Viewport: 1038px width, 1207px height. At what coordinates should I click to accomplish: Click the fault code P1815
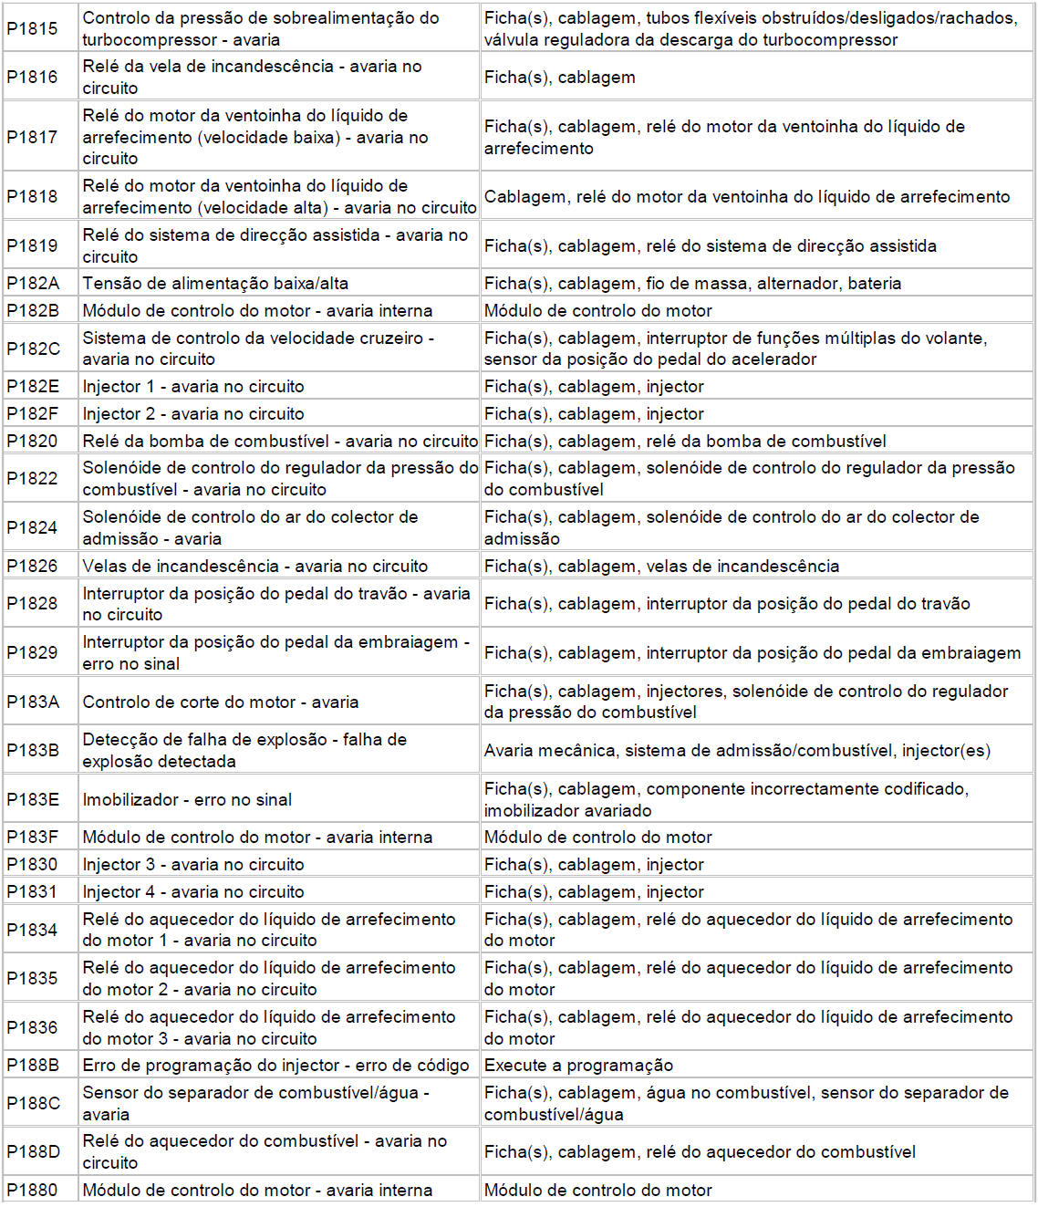coord(32,28)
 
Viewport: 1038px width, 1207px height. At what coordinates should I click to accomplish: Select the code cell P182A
coord(33,284)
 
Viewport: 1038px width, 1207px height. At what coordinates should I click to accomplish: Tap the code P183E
coord(33,800)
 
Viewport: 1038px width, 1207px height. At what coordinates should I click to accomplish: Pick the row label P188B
coord(33,1066)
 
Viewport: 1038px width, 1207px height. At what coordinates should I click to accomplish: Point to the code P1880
coord(32,1191)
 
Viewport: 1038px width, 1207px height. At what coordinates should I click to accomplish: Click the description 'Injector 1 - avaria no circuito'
coord(193,387)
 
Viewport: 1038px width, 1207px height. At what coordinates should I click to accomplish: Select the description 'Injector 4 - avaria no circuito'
coord(193,892)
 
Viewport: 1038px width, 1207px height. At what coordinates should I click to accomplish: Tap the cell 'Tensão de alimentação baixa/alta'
coord(215,284)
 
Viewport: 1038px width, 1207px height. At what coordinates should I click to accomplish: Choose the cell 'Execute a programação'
coord(578,1066)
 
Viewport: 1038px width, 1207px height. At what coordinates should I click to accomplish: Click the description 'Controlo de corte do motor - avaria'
coord(221,702)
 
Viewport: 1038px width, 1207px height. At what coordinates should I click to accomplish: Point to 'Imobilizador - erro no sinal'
coord(187,800)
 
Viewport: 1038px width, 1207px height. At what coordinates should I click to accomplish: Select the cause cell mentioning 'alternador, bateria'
coord(692,284)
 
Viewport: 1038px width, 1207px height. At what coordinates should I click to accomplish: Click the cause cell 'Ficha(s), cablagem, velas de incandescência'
coord(661,567)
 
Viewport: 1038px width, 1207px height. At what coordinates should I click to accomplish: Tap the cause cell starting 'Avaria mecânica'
coord(737,751)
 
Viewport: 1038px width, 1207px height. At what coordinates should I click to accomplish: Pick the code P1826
coord(32,567)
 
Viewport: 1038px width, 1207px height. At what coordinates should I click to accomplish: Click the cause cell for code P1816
coord(560,78)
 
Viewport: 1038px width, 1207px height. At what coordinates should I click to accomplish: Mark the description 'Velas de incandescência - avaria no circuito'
coord(255,567)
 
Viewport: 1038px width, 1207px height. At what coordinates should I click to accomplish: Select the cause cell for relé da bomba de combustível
coord(685,442)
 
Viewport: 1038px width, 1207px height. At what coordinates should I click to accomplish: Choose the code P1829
coord(32,653)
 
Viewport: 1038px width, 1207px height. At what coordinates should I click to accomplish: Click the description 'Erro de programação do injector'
coord(275,1066)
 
